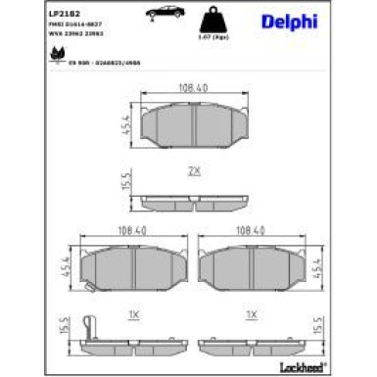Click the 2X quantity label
(x=194, y=170)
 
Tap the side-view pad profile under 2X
(x=194, y=202)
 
